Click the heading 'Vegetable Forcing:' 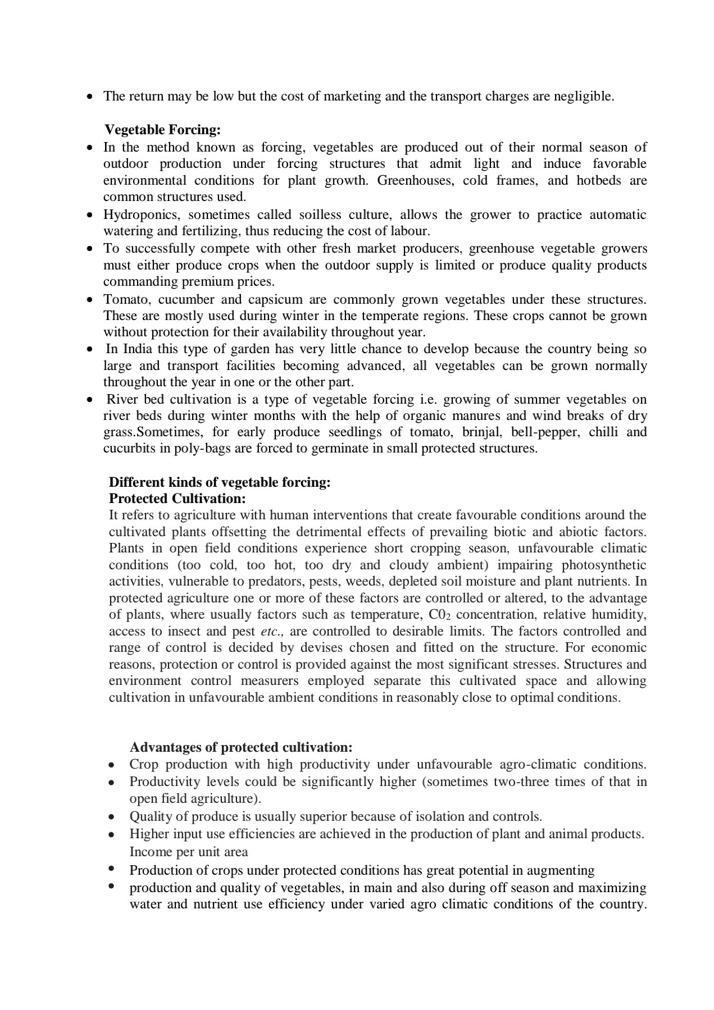(x=162, y=130)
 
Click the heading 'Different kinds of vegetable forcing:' (x=219, y=482)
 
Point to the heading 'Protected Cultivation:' (x=177, y=499)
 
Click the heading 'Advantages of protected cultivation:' (x=241, y=747)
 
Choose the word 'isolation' (x=439, y=816)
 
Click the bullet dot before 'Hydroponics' (x=90, y=215)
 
